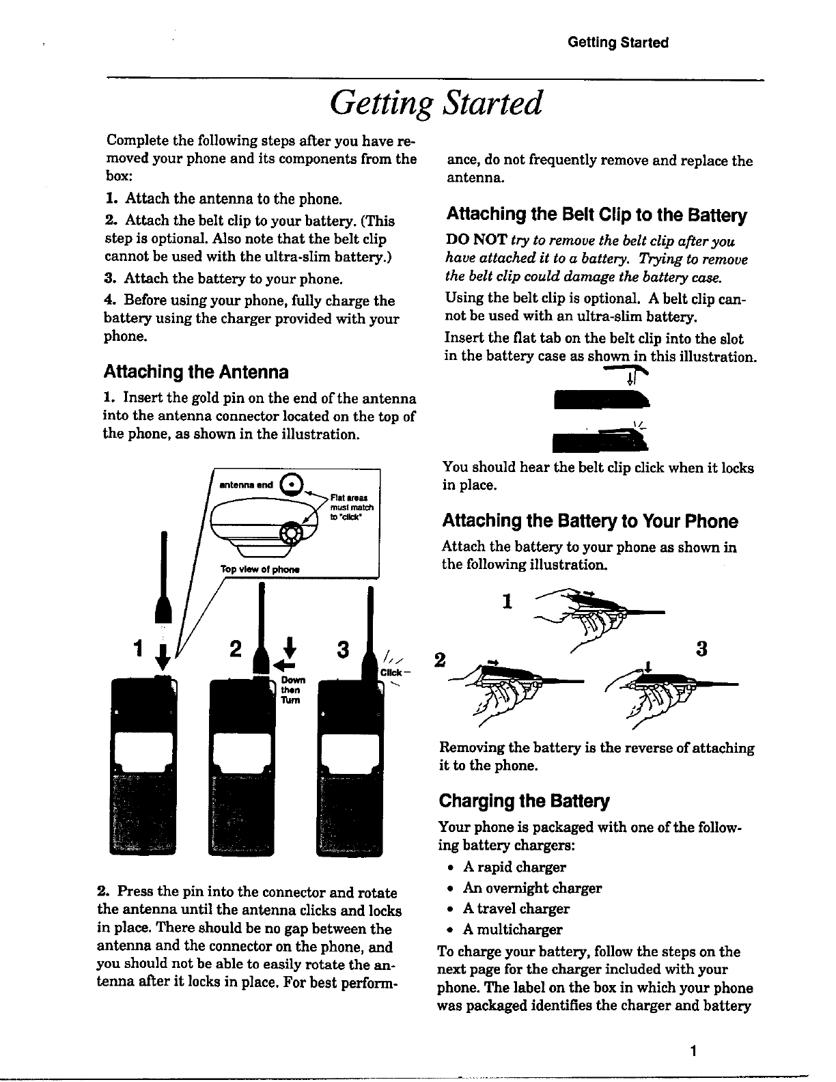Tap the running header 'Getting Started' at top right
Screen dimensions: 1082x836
(617, 43)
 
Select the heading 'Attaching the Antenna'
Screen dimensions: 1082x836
(195, 372)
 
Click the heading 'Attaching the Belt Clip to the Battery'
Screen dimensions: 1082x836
(596, 216)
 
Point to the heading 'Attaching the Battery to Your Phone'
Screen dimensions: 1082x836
(590, 522)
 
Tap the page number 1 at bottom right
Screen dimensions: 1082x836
(693, 1052)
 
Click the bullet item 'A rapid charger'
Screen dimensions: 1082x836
(514, 868)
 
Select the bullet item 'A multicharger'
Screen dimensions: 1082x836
(512, 930)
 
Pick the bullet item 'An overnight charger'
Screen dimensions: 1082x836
(532, 889)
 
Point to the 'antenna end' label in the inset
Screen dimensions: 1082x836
(246, 485)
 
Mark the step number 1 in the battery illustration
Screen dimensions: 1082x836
(506, 601)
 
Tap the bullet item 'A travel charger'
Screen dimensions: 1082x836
(516, 909)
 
